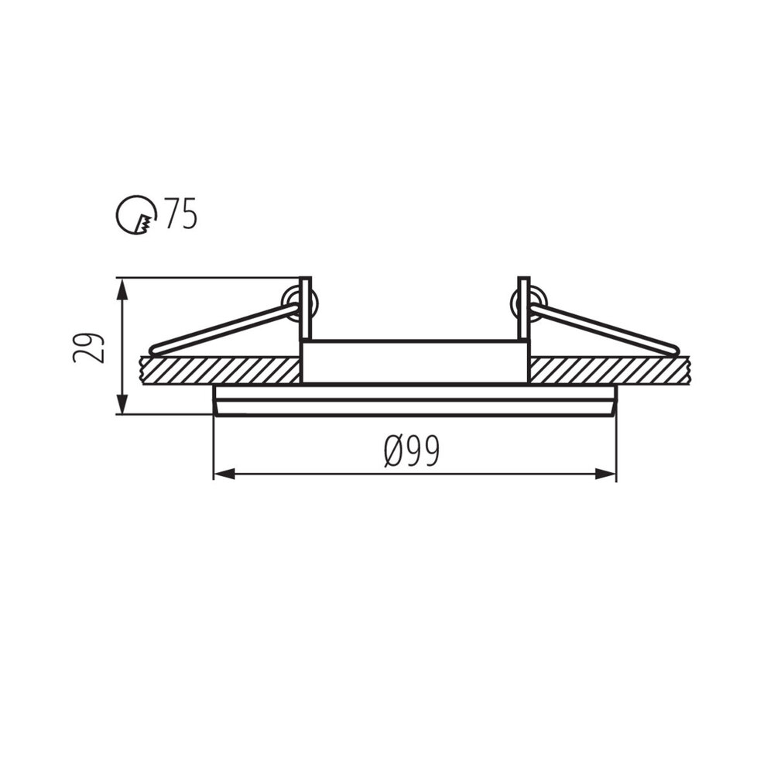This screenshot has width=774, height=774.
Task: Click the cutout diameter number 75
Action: click(180, 214)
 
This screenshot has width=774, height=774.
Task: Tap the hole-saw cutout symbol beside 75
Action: click(135, 214)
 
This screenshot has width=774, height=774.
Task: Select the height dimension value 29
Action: click(87, 348)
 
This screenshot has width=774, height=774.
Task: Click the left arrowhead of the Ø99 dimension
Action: click(224, 474)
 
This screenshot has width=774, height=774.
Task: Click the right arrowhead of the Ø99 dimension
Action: click(606, 474)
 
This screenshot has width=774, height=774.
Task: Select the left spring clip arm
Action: click(224, 328)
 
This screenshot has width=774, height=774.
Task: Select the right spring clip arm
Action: click(604, 328)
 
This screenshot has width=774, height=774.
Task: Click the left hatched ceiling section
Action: click(221, 370)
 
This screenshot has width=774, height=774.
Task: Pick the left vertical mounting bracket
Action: click(305, 308)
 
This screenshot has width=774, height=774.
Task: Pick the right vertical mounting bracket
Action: click(524, 308)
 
